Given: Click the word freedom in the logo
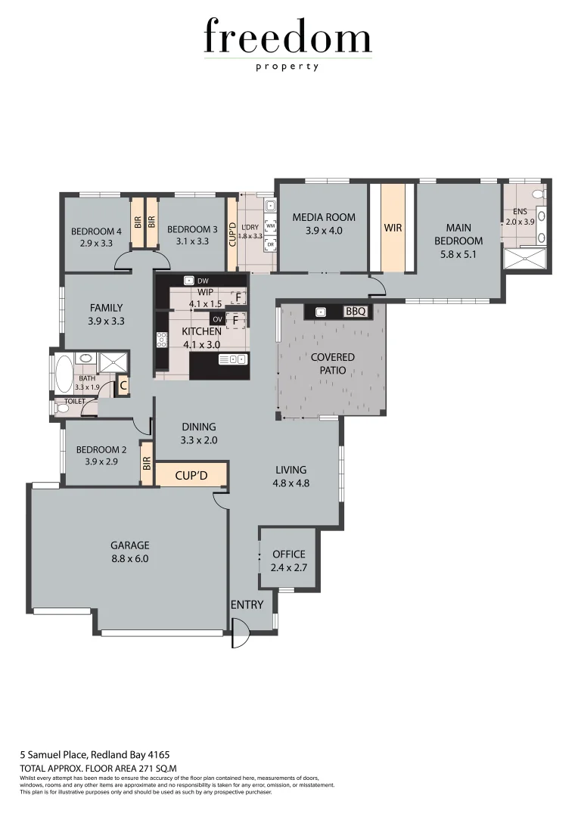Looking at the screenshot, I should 287,38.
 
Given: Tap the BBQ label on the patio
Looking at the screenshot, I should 355,311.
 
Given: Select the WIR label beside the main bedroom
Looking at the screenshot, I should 393,227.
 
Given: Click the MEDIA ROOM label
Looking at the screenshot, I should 323,219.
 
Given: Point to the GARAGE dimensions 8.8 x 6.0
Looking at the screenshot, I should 129,559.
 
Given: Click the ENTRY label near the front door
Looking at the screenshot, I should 247,604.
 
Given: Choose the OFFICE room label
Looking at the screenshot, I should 288,554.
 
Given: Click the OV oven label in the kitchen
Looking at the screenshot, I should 217,319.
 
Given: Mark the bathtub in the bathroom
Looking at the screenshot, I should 64,372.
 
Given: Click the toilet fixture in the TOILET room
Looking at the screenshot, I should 62,408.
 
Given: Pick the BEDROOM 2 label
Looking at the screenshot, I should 101,449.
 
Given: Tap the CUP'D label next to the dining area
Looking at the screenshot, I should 191,476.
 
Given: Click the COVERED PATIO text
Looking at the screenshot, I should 332,363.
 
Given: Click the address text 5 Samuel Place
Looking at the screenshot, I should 53,754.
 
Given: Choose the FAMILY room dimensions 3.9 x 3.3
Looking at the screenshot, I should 106,321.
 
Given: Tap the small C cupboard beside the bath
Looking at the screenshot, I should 123,386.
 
